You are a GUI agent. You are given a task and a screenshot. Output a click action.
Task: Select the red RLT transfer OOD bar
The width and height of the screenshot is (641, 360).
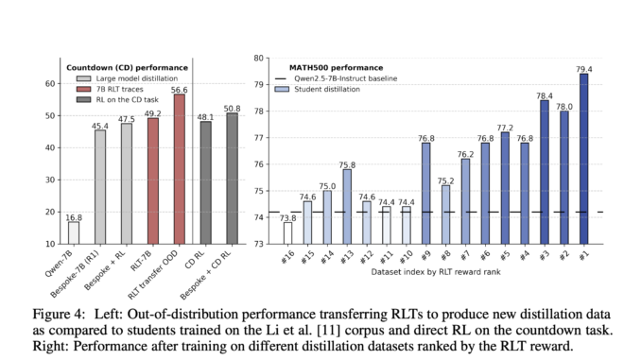coord(180,169)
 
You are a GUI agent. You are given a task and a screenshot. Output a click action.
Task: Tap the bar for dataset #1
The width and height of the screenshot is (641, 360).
coord(583,158)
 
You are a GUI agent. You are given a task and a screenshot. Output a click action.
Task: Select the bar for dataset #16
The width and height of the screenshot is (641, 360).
coord(288,232)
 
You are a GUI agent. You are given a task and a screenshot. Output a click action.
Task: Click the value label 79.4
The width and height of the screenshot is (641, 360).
coord(583,67)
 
